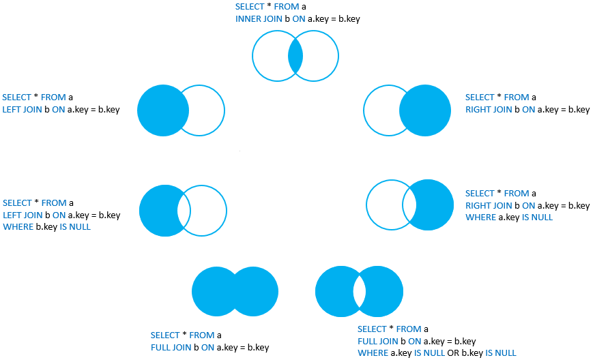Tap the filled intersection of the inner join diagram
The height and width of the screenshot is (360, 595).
click(x=295, y=57)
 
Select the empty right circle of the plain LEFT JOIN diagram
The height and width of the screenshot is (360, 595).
click(x=207, y=110)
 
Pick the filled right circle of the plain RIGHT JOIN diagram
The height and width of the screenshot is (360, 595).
click(x=430, y=110)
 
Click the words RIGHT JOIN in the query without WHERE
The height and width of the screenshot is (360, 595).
click(x=489, y=110)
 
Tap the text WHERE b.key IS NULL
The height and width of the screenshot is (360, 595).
click(x=46, y=227)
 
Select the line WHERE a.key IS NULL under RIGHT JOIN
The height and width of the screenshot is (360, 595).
click(x=509, y=217)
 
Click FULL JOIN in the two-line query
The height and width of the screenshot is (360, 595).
click(x=171, y=348)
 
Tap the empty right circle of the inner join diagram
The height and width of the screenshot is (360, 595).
click(x=321, y=57)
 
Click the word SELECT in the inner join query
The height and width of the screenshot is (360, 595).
click(x=250, y=7)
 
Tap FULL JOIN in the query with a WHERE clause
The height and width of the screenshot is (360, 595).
click(x=377, y=341)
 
